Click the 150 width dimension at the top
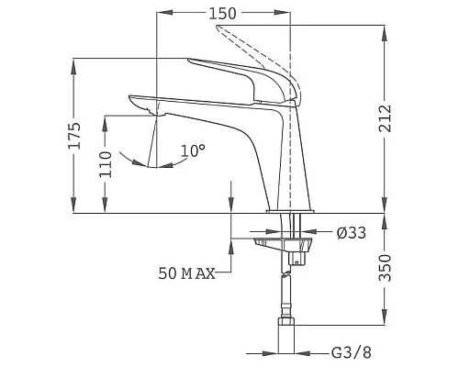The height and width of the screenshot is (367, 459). point(222,14)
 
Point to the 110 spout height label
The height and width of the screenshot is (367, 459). point(106,164)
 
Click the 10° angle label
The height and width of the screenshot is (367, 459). point(193,150)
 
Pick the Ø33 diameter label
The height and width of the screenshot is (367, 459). point(352,233)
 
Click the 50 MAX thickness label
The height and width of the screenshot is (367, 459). point(186,274)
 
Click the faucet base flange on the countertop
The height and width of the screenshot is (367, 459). point(291,212)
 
